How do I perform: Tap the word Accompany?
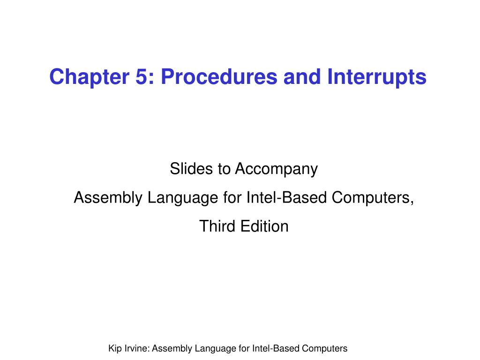[x=276, y=169]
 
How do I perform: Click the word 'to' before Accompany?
[x=223, y=169]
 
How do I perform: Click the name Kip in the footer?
[x=114, y=349]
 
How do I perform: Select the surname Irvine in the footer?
[x=136, y=349]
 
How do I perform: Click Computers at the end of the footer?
[x=324, y=349]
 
